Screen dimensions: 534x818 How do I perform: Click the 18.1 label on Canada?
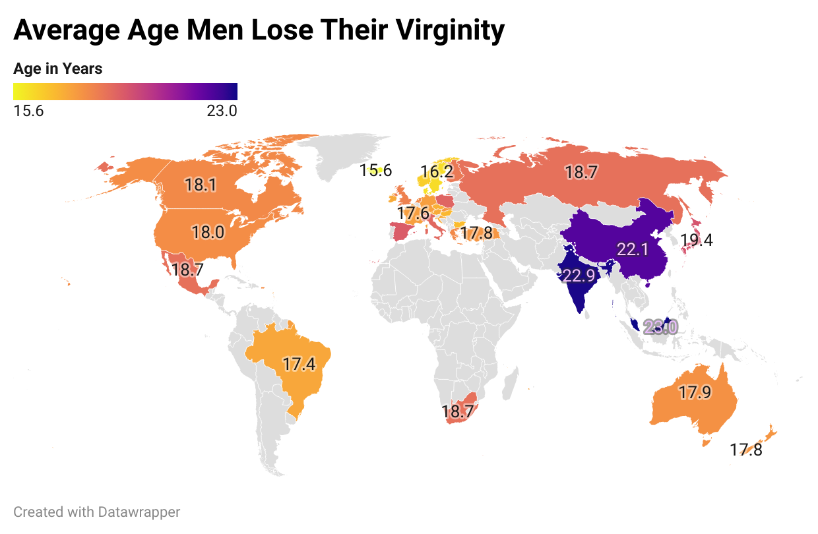pyautogui.click(x=201, y=185)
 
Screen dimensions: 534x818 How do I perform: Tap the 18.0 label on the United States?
pyautogui.click(x=208, y=233)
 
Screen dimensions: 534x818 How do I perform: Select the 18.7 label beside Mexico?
pyautogui.click(x=189, y=270)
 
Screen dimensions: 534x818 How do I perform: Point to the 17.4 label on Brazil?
pyautogui.click(x=298, y=365)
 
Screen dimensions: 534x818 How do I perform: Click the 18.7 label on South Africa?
pyautogui.click(x=458, y=413)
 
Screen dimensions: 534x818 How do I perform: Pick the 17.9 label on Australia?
pyautogui.click(x=695, y=393)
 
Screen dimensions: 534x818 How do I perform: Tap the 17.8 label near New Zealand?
pyautogui.click(x=746, y=451)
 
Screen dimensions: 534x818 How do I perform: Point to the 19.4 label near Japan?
pyautogui.click(x=697, y=241)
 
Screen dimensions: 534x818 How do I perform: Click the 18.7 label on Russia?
pyautogui.click(x=581, y=173)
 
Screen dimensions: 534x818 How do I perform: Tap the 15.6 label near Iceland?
pyautogui.click(x=375, y=171)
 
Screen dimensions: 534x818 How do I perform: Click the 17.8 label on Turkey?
pyautogui.click(x=476, y=233)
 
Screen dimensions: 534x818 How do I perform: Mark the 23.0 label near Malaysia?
pyautogui.click(x=660, y=327)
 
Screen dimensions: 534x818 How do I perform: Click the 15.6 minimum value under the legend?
pyautogui.click(x=28, y=111)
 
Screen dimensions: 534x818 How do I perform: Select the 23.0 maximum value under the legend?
pyautogui.click(x=222, y=111)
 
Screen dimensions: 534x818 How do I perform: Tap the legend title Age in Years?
pyautogui.click(x=58, y=69)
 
